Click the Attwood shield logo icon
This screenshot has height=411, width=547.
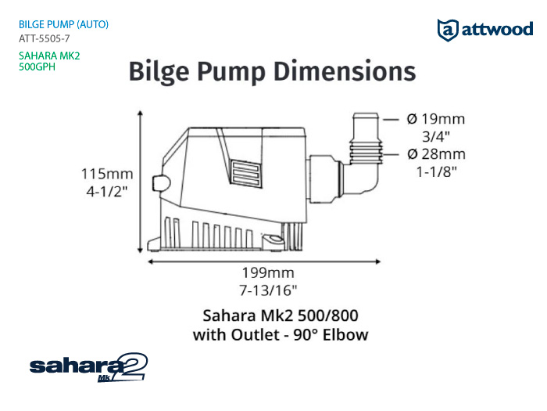click(448, 30)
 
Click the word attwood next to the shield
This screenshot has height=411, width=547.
click(497, 29)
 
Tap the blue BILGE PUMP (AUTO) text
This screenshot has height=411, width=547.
click(63, 24)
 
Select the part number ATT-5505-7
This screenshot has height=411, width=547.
click(45, 38)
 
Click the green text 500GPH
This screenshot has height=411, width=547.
click(37, 67)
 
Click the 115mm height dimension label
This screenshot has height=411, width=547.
click(107, 174)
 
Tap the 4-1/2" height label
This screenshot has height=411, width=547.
click(107, 192)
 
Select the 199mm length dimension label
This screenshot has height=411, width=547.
click(268, 272)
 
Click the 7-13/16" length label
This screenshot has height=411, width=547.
click(268, 290)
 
